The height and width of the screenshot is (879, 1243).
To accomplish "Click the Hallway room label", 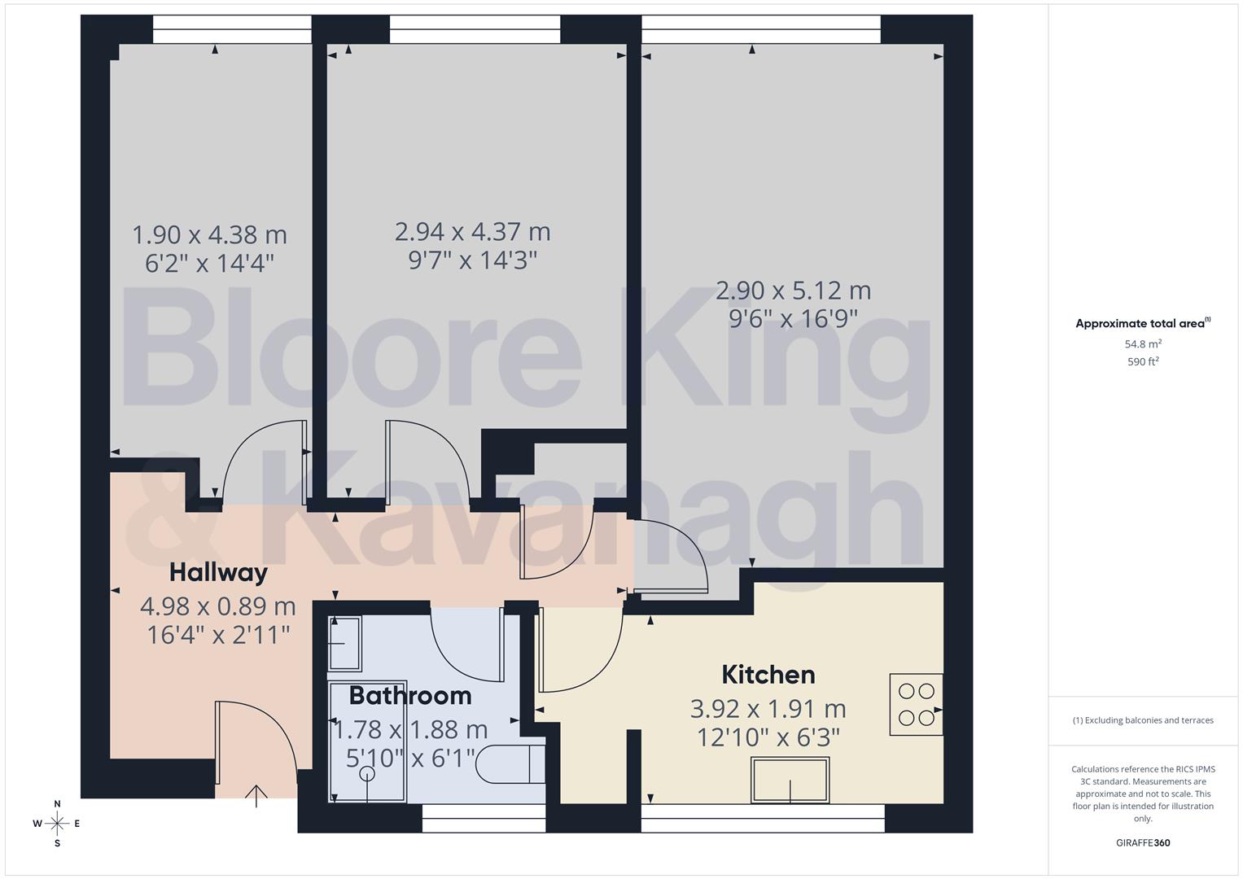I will coord(218,572).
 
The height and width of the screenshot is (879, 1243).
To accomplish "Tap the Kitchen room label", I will coord(768,675).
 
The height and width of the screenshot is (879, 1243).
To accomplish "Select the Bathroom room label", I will coord(410,696).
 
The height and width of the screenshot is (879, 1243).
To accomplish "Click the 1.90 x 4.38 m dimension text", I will coord(209,235).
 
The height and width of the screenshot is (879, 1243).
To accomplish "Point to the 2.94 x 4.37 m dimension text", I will coord(472,232).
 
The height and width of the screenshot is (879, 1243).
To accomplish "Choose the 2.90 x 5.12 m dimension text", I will coord(793,291).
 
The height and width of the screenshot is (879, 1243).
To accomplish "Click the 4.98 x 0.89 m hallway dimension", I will coord(217,606).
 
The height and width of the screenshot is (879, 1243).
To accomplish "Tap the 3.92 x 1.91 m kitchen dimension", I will coord(768,709).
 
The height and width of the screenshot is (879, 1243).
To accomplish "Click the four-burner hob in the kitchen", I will coord(916,705).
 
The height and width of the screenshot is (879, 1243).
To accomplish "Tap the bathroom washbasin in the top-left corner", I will coord(345,643).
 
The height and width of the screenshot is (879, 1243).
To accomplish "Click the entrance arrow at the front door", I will coord(256,795).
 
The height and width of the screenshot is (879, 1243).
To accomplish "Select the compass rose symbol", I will coord(57,823).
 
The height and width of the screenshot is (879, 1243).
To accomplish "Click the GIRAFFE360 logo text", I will coord(1142,842).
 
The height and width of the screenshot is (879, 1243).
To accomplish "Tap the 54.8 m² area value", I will coord(1142,343).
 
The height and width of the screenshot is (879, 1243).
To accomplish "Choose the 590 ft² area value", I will coord(1142,361).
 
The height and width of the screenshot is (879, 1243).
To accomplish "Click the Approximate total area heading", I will coord(1142,323).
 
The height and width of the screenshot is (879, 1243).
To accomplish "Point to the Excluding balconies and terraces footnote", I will coord(1142,720).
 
